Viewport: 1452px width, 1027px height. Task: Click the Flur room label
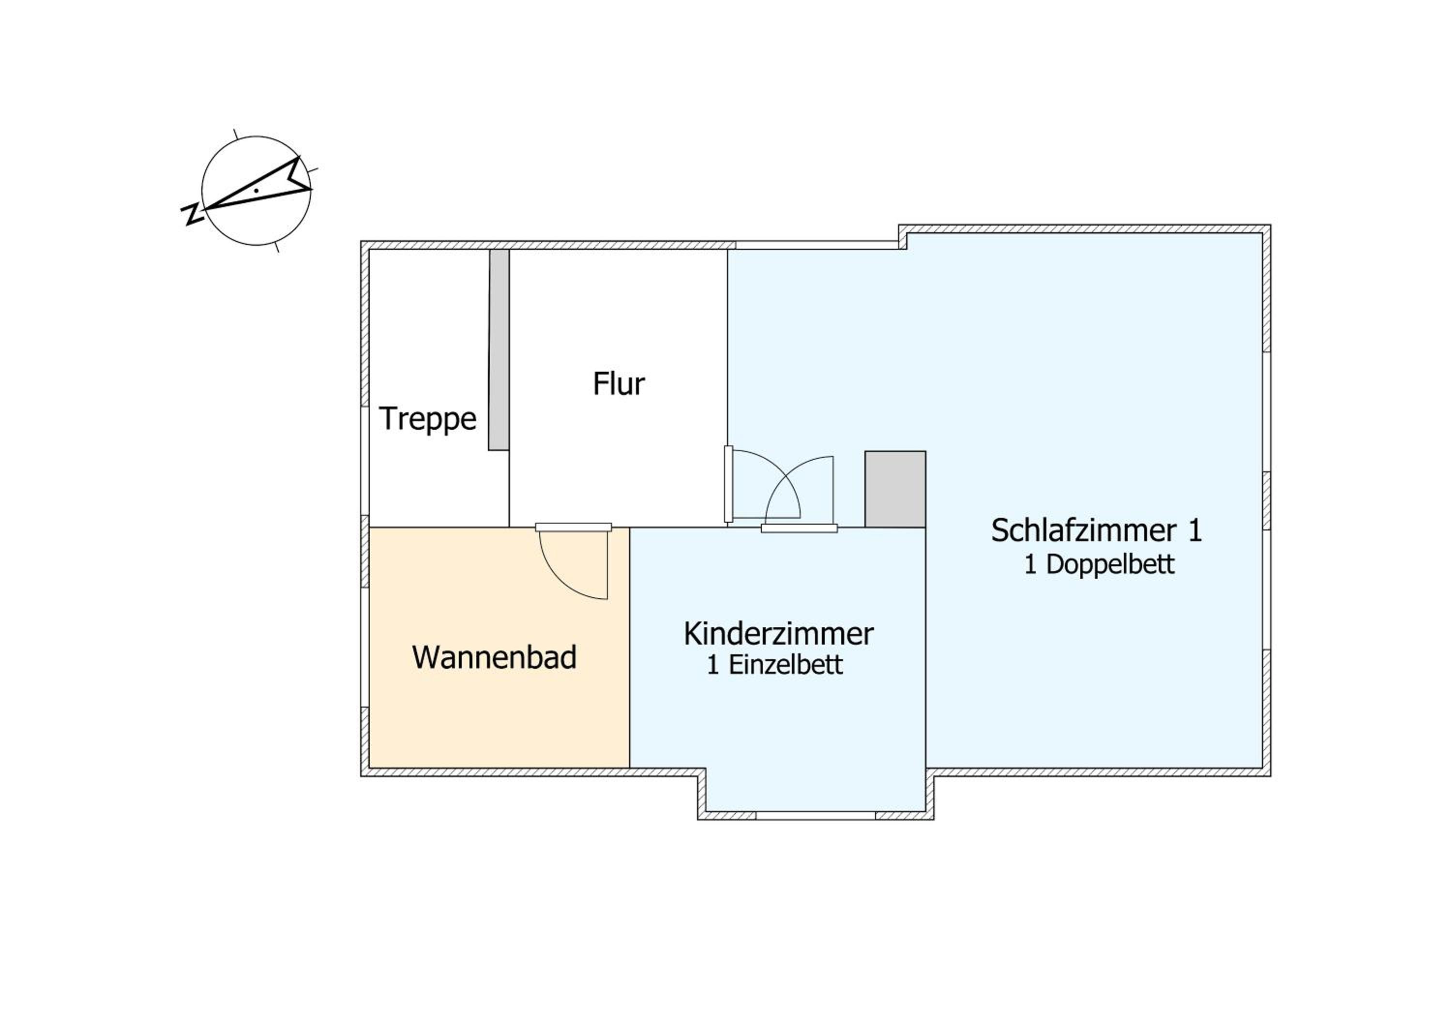619,384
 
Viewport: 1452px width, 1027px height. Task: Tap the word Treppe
427,419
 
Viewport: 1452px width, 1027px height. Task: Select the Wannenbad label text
494,657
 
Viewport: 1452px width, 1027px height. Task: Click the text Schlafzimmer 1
1096,530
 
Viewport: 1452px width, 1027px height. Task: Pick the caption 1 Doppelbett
1099,564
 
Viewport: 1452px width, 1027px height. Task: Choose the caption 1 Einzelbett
775,665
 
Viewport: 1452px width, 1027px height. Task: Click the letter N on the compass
192,214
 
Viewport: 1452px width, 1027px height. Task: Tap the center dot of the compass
256,190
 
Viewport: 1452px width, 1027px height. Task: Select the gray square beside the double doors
895,489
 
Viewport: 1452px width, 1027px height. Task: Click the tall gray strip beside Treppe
499,350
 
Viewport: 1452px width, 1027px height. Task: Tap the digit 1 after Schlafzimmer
1195,530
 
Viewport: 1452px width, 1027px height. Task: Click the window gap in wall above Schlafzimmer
817,245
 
